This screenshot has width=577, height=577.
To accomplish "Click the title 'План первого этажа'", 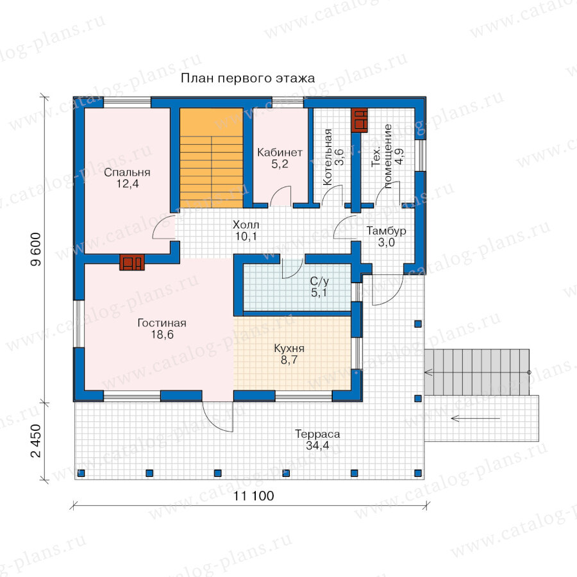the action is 247,78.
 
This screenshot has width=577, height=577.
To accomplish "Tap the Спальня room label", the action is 127,172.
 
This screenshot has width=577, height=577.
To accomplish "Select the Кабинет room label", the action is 280,152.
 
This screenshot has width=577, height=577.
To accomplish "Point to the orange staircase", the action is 211,158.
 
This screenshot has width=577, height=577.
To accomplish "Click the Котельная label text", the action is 328,157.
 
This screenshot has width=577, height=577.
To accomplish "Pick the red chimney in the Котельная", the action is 359,120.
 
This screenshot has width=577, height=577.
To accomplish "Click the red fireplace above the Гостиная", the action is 132,262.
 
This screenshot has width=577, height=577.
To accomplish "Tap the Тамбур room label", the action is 386,231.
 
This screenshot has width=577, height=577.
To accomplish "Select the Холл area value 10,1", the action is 246,236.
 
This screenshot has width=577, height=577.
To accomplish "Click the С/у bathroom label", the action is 319,281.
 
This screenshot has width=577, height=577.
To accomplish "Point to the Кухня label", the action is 289,348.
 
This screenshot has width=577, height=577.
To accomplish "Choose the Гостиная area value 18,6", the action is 162,335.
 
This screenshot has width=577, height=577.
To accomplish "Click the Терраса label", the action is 317,434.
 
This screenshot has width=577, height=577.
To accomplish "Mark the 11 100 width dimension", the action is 253,496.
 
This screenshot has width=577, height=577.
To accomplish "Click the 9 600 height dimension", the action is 37,249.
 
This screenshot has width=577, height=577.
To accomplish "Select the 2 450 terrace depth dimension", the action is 37,441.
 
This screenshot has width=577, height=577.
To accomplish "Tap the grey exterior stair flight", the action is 477,372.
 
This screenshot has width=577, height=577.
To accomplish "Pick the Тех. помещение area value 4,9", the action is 399,156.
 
